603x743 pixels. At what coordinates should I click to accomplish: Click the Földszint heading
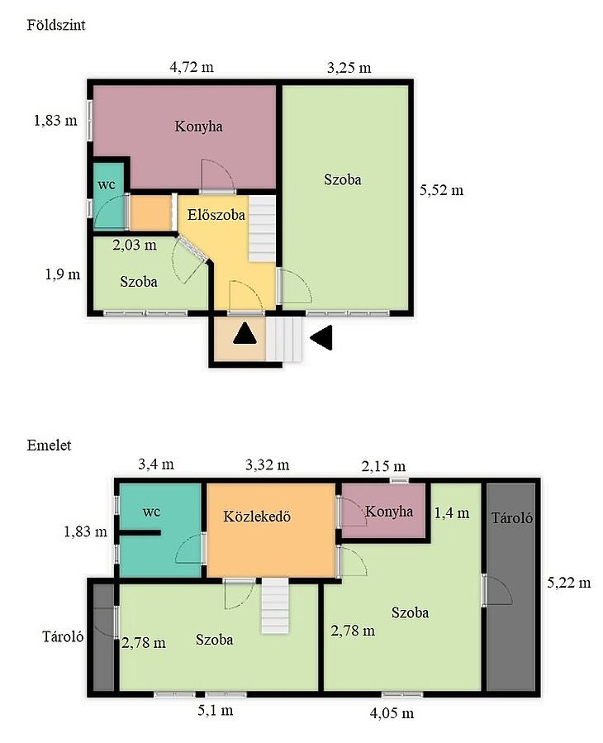(x=56, y=25)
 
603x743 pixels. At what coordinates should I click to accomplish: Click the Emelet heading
(x=49, y=445)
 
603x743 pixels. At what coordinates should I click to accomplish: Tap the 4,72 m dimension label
(x=192, y=67)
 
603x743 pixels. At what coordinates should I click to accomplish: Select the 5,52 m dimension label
(x=441, y=190)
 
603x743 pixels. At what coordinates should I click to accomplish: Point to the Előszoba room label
(x=216, y=215)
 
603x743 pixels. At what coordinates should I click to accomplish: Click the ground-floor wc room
(x=108, y=196)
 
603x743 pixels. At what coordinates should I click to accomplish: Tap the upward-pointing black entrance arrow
(x=245, y=333)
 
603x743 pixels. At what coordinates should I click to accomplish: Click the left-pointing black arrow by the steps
(x=321, y=338)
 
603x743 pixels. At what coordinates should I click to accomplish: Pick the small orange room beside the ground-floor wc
(x=150, y=212)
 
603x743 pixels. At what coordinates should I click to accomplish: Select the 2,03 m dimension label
(x=135, y=245)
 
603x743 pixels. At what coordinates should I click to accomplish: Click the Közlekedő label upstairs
(x=257, y=516)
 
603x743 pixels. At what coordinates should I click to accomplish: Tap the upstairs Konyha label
(x=389, y=512)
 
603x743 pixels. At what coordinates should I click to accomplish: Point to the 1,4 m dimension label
(x=452, y=512)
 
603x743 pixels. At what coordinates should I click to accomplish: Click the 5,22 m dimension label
(x=569, y=583)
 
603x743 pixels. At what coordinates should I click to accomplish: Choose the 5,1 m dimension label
(x=215, y=710)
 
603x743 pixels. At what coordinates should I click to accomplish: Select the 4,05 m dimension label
(x=392, y=713)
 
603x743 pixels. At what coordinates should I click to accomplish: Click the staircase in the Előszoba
(x=263, y=228)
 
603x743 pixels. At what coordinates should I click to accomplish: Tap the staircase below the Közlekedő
(x=275, y=606)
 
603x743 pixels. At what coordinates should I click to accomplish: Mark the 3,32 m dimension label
(x=267, y=464)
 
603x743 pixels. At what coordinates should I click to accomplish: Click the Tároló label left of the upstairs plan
(x=63, y=636)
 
